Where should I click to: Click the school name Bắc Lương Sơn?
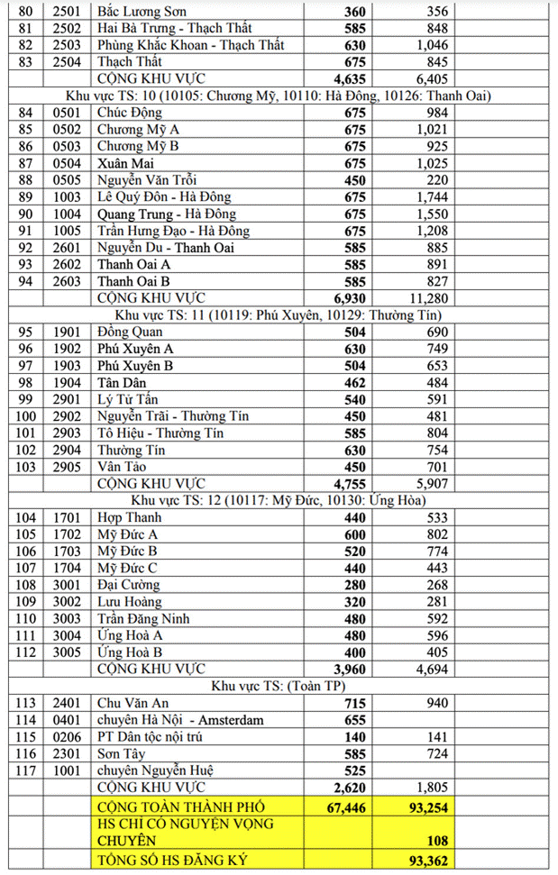[x=141, y=10]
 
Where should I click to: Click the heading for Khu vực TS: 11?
[x=279, y=314]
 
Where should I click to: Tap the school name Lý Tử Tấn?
[x=129, y=399]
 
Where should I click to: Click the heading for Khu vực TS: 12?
[x=279, y=500]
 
